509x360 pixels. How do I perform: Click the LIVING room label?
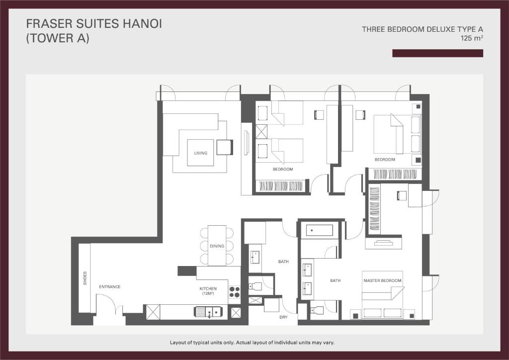201,153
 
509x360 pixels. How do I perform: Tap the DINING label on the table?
217,246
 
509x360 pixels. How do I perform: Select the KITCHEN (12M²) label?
208,291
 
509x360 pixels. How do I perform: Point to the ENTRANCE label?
110,286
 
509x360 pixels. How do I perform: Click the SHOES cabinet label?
85,278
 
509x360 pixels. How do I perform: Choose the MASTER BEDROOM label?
382,281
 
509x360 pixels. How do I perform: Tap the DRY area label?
283,317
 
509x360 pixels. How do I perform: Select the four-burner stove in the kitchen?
234,292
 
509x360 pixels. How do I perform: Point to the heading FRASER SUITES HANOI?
94,23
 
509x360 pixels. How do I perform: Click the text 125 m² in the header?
472,38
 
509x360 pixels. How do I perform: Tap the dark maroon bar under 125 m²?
437,53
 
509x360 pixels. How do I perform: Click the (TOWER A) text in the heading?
58,38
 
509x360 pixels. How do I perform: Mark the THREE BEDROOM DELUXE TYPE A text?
422,29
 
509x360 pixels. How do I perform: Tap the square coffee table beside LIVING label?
224,147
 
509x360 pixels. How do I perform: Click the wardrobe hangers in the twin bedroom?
280,186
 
